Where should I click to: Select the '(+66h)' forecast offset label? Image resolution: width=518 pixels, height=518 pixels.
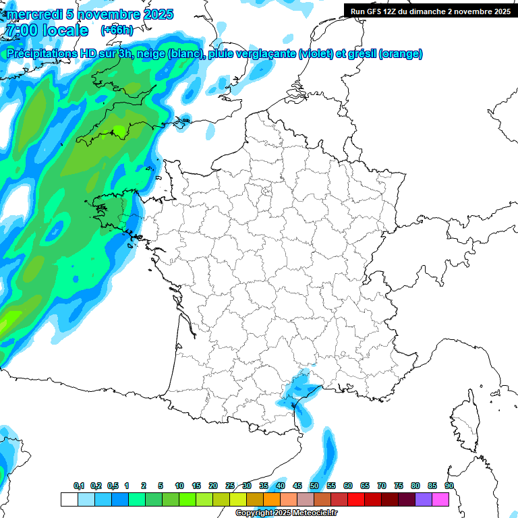[x=117, y=30]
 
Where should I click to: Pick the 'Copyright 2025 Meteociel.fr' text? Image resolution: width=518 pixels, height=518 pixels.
[x=286, y=513]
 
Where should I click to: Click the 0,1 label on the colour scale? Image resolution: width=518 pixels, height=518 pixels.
[x=79, y=486]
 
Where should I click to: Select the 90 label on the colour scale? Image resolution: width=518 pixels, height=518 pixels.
[x=449, y=486]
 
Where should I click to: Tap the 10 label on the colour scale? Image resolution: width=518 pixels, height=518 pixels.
[x=179, y=486]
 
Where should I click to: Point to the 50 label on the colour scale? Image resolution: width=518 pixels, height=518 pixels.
[x=314, y=486]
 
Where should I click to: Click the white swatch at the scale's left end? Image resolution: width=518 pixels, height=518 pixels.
[x=69, y=499]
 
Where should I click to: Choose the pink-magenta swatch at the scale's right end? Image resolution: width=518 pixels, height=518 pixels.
[x=440, y=499]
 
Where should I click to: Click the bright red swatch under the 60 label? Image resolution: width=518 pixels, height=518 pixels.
[x=356, y=499]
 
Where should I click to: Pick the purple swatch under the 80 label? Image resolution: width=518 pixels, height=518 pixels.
[x=424, y=499]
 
